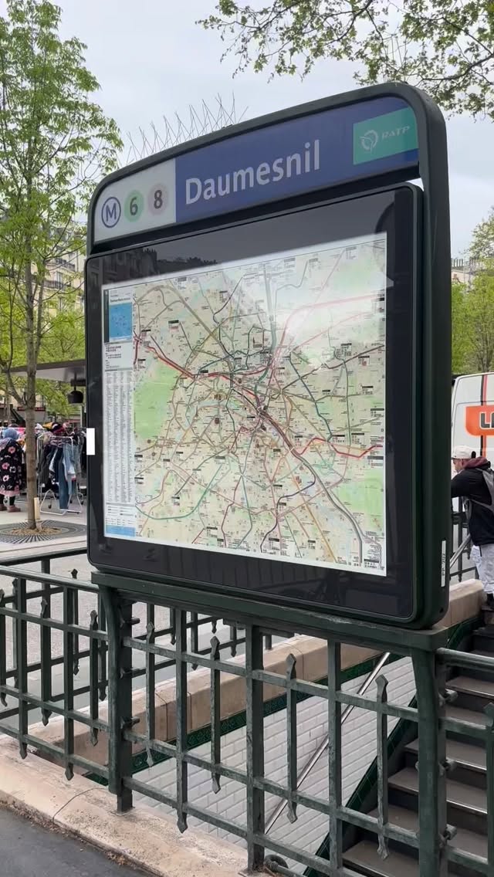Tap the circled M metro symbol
[111, 212]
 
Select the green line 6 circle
[134, 206]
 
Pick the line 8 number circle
[159, 199]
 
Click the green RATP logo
[384, 136]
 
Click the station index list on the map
[119, 432]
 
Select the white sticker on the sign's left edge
[90, 441]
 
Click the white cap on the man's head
[462, 452]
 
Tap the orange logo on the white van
[480, 420]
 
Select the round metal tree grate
[39, 531]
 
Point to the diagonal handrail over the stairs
[324, 741]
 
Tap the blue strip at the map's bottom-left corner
[120, 530]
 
